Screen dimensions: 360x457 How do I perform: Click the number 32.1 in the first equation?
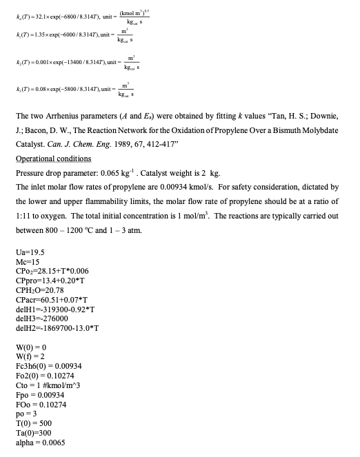coord(37,15)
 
